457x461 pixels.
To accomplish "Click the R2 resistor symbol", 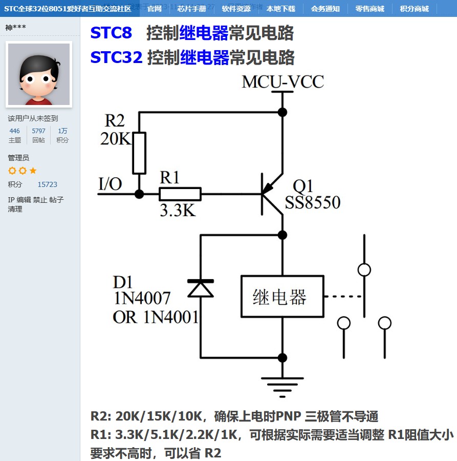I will tap(139, 153).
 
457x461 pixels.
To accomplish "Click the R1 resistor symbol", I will tap(180, 194).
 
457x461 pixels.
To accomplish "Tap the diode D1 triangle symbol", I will tap(200, 289).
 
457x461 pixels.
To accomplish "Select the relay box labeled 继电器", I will tap(282, 297).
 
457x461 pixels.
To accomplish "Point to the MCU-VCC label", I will tap(282, 82).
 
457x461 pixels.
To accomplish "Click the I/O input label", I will tap(110, 183).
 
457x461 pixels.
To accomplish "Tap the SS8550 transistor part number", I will tap(313, 203).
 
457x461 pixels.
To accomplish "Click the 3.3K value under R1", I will tap(178, 210).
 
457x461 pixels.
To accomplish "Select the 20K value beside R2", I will tap(115, 139).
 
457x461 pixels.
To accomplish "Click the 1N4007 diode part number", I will tap(142, 298).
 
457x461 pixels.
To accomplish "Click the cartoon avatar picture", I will tap(39, 74).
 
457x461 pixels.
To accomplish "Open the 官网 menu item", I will tap(154, 9).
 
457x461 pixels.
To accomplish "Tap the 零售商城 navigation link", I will tap(369, 9).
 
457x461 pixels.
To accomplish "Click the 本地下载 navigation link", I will tap(280, 9).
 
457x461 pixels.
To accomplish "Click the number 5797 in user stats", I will tap(38, 131).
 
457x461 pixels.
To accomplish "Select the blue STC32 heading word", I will tap(116, 57).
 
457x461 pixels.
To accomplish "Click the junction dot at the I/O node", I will tap(139, 194).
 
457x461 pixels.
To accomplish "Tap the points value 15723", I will tap(47, 184).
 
